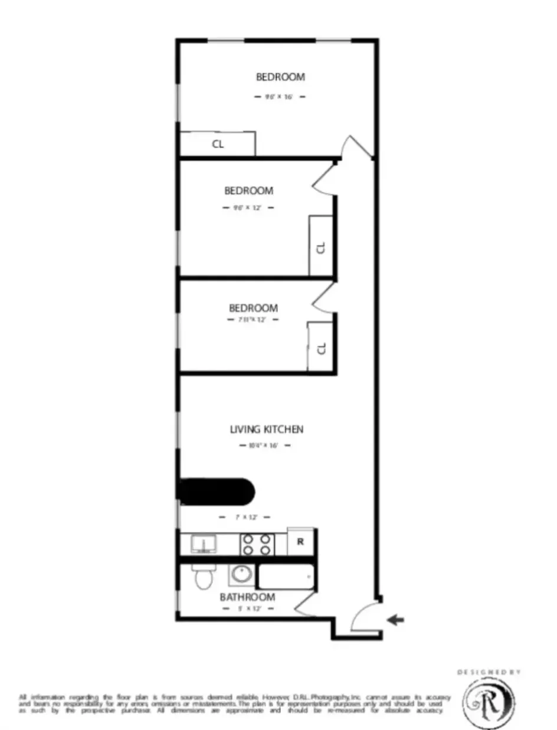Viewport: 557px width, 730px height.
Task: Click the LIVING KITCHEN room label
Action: coord(266,429)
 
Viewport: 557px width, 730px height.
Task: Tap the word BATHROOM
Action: coord(247,597)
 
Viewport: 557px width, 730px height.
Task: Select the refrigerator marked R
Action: coord(300,542)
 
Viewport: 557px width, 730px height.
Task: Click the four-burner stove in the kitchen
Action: coord(257,544)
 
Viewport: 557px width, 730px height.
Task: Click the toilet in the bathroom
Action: coord(202,576)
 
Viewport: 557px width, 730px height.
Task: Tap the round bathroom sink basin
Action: coord(240,574)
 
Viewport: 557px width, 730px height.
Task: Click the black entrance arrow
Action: coord(395,619)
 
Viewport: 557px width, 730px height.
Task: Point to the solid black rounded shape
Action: coord(216,491)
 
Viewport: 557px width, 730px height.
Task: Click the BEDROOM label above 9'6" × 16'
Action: coord(280,77)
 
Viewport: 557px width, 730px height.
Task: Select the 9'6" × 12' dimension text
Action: coord(248,208)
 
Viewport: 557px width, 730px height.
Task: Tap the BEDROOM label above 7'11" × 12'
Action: coord(253,308)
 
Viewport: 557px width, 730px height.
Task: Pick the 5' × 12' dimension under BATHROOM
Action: coord(247,609)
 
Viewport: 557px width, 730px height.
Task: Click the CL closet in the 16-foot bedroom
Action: coord(217,144)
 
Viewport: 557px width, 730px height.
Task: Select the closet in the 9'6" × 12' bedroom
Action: coord(321,246)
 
